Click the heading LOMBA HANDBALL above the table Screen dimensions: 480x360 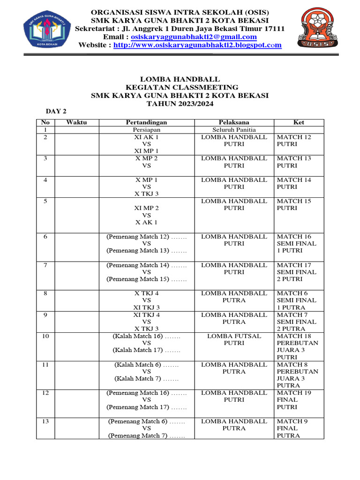[180, 80]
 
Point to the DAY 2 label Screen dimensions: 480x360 [56, 111]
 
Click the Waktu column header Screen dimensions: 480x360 [76, 122]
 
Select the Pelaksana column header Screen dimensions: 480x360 [234, 122]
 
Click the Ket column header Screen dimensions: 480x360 [299, 122]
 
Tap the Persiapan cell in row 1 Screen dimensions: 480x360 [147, 130]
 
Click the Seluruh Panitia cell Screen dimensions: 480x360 [234, 130]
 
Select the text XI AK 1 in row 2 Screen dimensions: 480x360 [147, 137]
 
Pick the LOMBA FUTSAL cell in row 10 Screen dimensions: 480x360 [234, 336]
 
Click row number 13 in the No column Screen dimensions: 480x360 [45, 421]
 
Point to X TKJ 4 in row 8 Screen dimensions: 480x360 [147, 293]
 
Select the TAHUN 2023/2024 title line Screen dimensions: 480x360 [180, 104]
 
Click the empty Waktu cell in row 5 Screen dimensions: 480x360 [76, 215]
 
